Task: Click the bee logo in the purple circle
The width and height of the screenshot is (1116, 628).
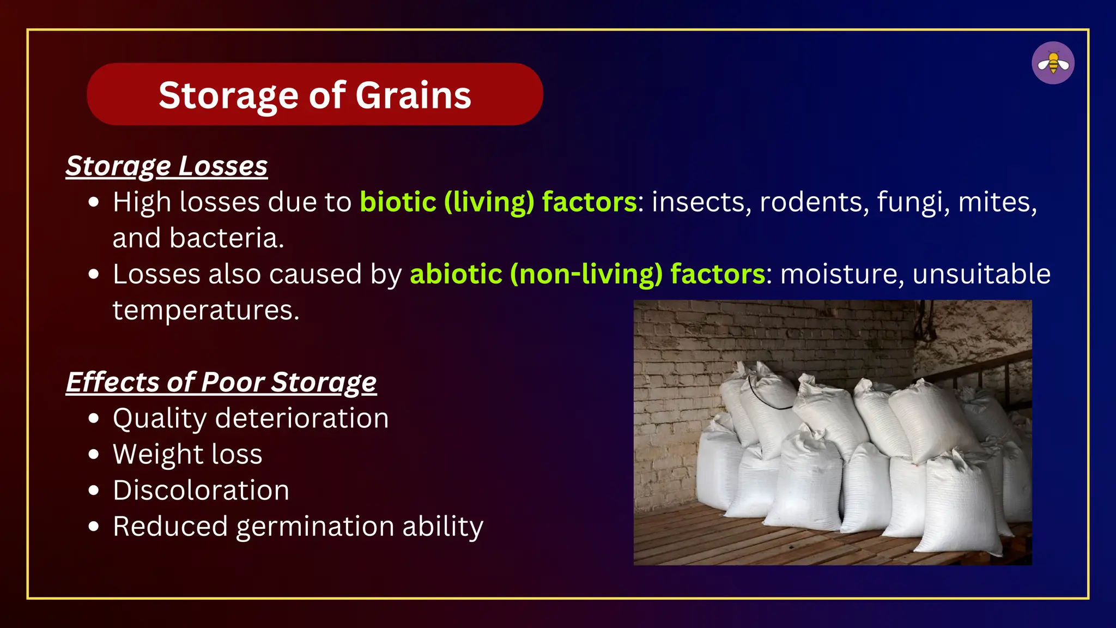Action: (x=1053, y=63)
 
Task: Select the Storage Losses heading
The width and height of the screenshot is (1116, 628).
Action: (x=167, y=166)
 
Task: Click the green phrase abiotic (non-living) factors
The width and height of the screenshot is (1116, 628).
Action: (x=587, y=274)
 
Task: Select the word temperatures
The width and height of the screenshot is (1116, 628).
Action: (x=205, y=310)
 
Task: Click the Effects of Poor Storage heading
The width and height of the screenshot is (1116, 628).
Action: (x=221, y=382)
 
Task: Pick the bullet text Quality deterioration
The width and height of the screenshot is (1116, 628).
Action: (x=251, y=419)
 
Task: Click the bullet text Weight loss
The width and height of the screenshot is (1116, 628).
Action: (x=187, y=455)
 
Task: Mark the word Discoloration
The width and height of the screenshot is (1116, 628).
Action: (x=201, y=491)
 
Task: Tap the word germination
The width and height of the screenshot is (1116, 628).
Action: (x=315, y=527)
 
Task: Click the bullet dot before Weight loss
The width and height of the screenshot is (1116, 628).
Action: (x=94, y=454)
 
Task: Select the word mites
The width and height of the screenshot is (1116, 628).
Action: (x=996, y=202)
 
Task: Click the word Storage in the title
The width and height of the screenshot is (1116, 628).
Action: (x=229, y=95)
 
